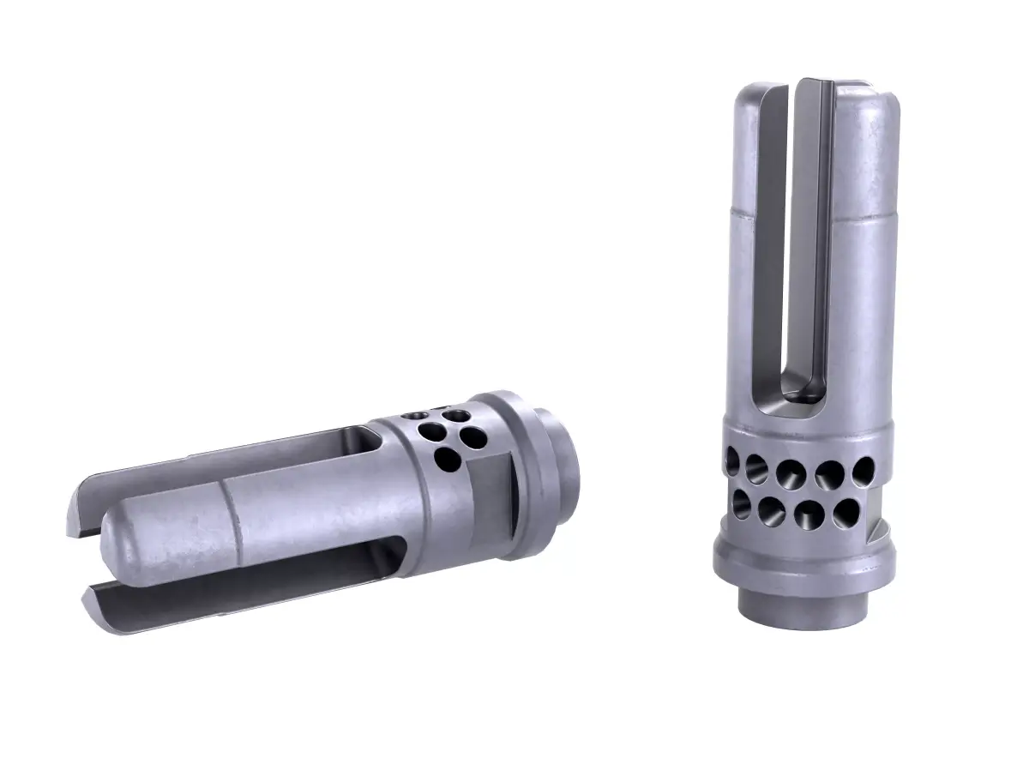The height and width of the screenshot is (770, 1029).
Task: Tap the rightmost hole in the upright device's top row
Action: tap(863, 470)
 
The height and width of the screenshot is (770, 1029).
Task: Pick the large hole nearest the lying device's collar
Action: tap(471, 438)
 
